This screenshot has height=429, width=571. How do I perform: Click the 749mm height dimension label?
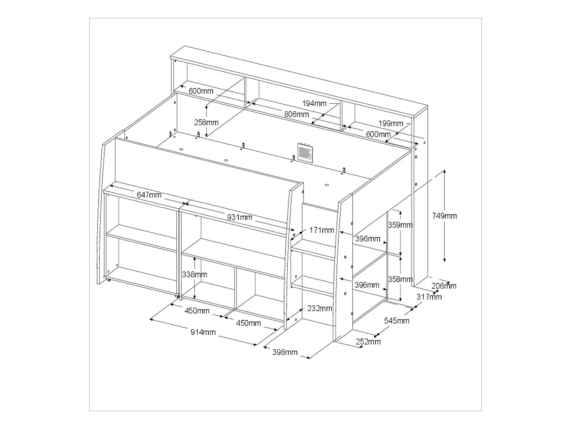coord(444,216)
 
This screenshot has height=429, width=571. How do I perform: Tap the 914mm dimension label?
coord(203,332)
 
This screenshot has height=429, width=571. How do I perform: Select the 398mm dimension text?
coord(285,352)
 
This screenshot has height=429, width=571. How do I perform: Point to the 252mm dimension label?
coord(368,341)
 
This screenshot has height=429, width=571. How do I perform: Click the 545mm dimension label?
coord(397,321)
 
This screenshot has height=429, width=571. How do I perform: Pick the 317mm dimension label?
coord(429,297)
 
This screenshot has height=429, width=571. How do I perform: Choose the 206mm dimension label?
coord(444,286)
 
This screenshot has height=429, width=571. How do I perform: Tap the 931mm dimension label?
coord(239,217)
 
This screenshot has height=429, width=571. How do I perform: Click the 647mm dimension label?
coord(149,195)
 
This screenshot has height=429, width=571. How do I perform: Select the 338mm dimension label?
coord(194,274)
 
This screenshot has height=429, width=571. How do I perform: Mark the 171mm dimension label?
coord(322,230)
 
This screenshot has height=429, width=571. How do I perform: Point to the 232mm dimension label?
coord(319,309)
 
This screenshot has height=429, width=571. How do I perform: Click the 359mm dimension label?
coord(400,225)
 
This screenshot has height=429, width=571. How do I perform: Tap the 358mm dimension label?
coord(400,279)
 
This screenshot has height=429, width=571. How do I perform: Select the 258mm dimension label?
coord(206,122)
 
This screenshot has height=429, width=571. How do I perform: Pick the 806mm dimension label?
coord(297,114)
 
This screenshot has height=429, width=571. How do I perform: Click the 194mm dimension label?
coord(314,103)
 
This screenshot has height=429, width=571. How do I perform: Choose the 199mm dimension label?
coord(391,123)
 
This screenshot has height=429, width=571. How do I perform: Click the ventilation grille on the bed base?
coord(305,153)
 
